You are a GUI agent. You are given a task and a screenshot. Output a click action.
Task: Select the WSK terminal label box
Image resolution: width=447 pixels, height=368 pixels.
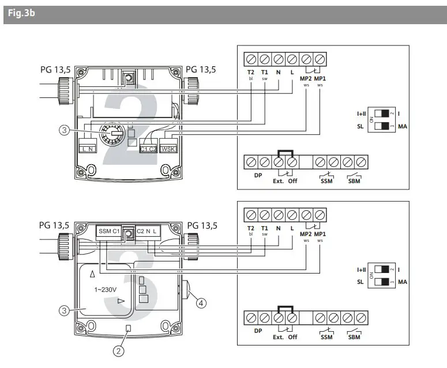tap(169, 149)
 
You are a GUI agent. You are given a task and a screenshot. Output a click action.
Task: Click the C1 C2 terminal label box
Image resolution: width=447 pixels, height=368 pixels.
tap(148, 149)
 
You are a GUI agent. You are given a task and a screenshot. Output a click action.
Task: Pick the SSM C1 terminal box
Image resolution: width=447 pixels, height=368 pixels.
tap(109, 232)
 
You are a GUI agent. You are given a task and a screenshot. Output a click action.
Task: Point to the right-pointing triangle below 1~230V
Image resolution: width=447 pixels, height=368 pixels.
tap(121, 301)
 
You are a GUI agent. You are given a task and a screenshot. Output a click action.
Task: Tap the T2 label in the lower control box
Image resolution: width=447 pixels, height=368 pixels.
tap(251, 228)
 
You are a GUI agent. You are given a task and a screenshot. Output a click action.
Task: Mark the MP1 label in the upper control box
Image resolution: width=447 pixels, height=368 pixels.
tap(321, 73)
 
